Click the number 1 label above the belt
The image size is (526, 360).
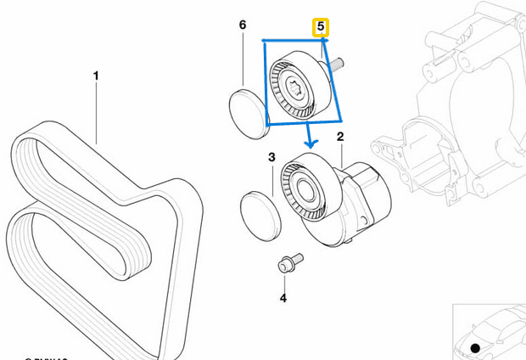(96, 76)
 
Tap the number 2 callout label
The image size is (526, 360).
(340, 136)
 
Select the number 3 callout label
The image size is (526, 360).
(271, 157)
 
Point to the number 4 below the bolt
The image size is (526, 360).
(283, 297)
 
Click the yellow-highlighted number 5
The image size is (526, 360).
(321, 28)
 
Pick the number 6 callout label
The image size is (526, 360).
(243, 25)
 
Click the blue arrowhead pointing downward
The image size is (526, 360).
(310, 138)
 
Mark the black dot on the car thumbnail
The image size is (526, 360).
(475, 348)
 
